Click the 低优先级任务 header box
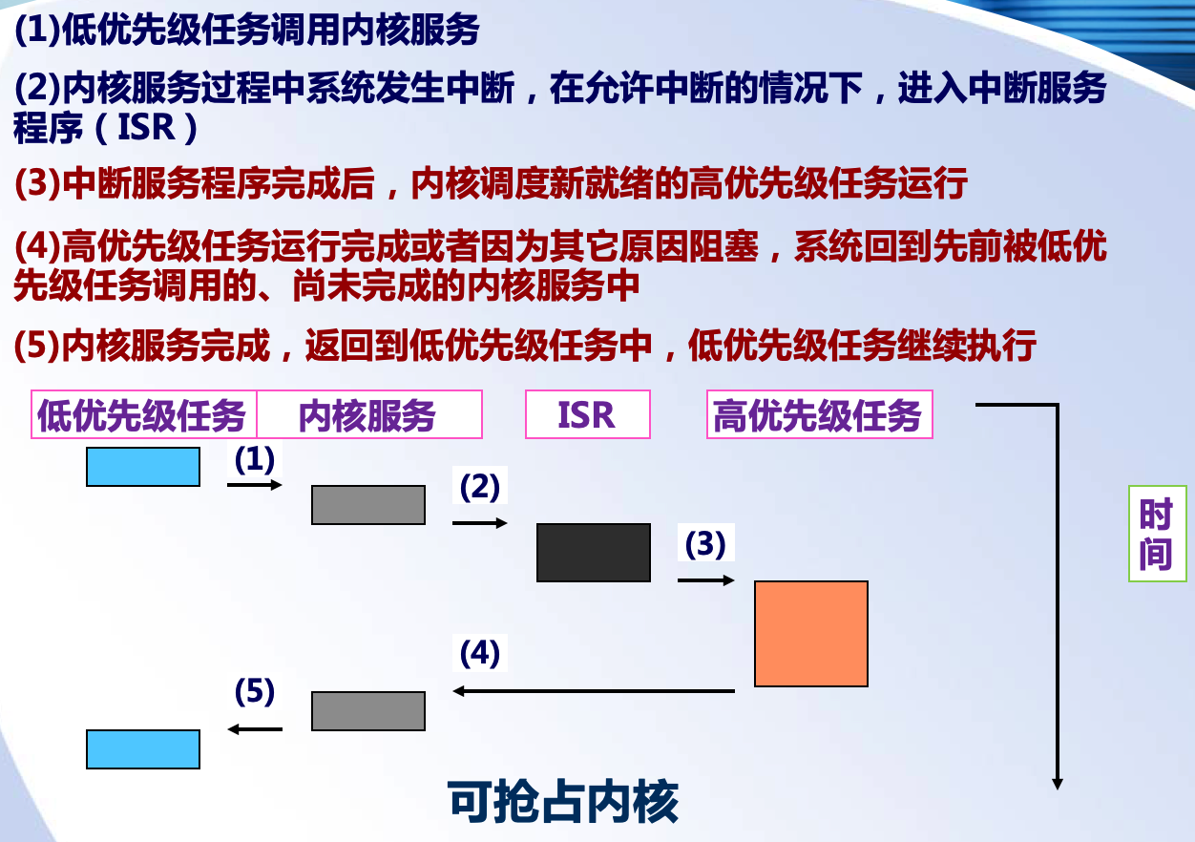pos(144,415)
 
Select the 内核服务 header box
pos(369,415)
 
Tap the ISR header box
pos(587,415)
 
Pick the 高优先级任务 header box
pos(819,415)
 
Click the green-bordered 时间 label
pos(1156,534)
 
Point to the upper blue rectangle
pos(143,467)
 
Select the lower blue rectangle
pos(143,749)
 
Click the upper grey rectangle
pos(368,505)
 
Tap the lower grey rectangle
pos(368,711)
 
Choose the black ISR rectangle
pos(594,553)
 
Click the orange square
pos(811,634)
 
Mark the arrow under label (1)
pos(255,485)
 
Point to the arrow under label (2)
pos(480,523)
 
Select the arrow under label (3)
pos(706,580)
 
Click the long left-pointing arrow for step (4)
pos(594,691)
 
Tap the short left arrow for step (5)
pos(255,729)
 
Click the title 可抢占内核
pos(563,803)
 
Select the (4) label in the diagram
pos(479,654)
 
